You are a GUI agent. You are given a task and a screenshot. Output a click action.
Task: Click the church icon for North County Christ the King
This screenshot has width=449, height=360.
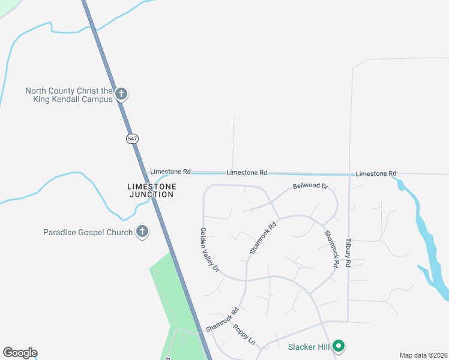tap(121, 94)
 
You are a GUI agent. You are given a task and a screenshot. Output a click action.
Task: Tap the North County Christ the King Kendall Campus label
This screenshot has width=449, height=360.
tap(69, 95)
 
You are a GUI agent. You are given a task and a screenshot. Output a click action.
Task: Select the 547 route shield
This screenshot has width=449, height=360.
tap(132, 139)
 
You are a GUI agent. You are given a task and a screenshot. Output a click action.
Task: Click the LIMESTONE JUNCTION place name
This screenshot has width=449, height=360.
tap(152, 190)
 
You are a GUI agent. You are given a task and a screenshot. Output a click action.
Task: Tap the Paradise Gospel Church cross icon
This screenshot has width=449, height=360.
tap(142, 232)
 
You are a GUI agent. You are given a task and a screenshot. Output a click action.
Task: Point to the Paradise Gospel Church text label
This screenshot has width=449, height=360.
tap(88, 232)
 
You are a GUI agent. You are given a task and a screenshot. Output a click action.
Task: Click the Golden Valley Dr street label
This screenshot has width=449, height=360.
tap(210, 250)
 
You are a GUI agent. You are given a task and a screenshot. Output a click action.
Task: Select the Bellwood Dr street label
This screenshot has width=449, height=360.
tap(310, 187)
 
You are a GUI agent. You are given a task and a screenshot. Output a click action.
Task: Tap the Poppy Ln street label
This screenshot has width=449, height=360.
tap(244, 335)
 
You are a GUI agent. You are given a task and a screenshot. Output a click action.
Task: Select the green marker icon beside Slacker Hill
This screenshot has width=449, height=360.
tap(339, 346)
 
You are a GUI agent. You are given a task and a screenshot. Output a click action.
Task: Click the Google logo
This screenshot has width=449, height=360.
tap(20, 353)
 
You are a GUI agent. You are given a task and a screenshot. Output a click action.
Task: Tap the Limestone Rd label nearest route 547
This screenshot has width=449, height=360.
tap(170, 172)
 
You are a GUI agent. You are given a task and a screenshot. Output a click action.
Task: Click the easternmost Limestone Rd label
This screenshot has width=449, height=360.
tap(376, 173)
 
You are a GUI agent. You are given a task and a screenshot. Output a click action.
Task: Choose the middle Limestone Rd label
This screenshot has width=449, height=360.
tap(247, 173)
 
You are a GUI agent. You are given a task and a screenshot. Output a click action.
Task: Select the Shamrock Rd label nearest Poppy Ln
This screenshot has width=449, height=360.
tap(222, 320)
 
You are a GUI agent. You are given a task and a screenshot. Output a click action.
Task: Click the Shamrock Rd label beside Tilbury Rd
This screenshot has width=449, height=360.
tap(331, 249)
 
